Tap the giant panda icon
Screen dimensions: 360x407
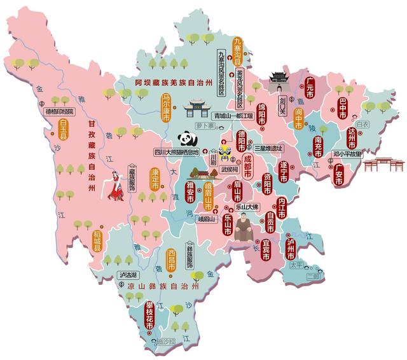tap(186, 139)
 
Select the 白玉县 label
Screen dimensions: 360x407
tap(63, 129)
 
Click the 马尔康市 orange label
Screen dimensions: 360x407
tap(167, 107)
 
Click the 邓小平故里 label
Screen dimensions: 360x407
tap(347, 154)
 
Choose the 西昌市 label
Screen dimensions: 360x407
tap(171, 261)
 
